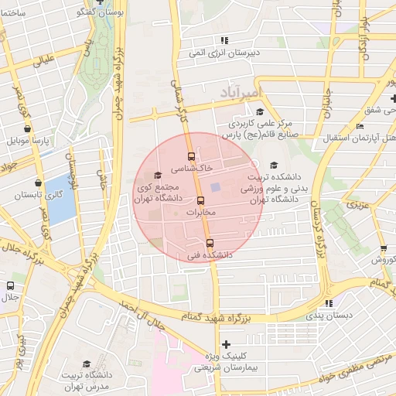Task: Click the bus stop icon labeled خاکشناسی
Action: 192,156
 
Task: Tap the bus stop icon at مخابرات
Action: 201,201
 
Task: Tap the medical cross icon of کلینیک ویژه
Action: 226,344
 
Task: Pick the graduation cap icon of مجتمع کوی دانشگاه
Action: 159,176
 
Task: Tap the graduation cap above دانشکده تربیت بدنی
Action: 272,165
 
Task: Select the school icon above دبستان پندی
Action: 329,304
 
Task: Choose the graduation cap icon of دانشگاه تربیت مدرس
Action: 87,364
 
